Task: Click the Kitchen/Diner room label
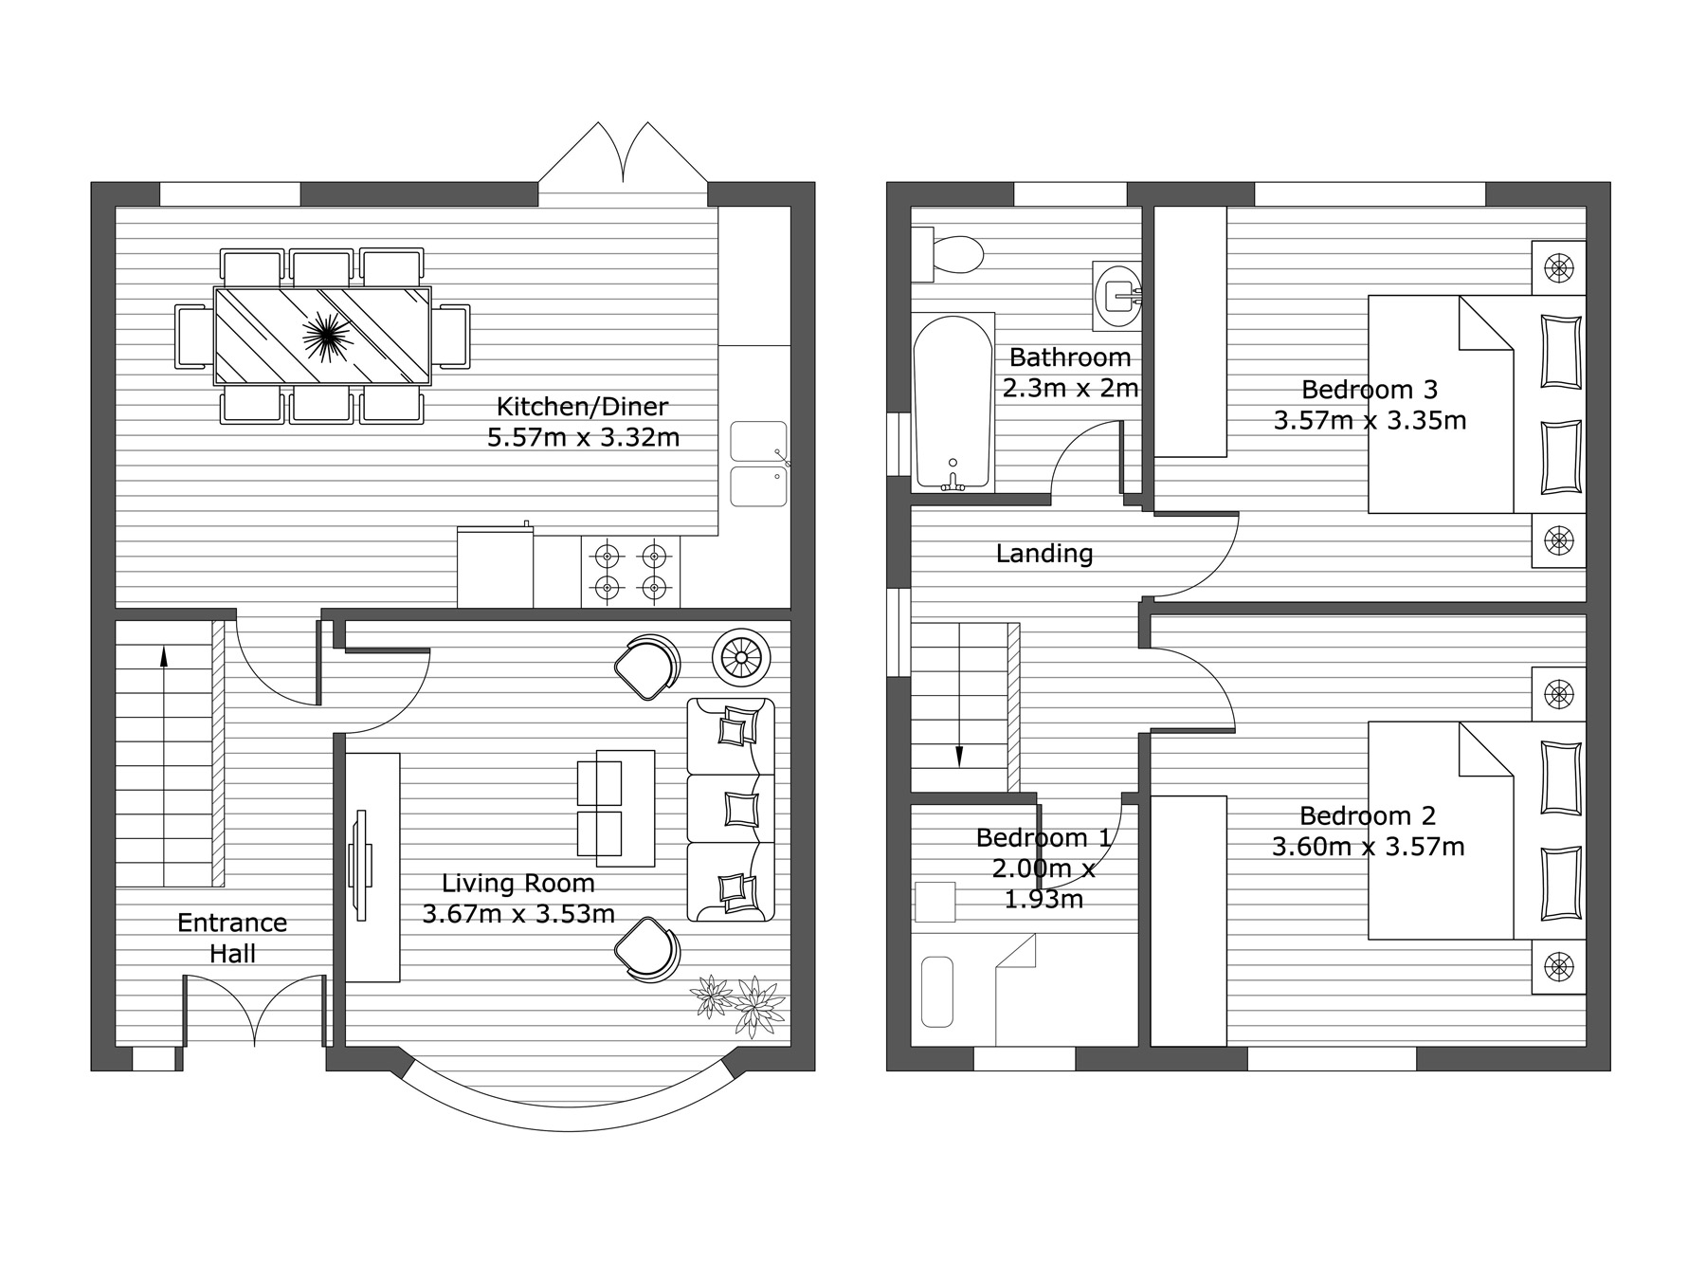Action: (582, 407)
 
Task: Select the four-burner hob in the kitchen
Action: (630, 572)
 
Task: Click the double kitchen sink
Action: (759, 464)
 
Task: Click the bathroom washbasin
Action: (1118, 296)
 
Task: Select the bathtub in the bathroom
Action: (953, 403)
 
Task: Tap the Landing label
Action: (1044, 553)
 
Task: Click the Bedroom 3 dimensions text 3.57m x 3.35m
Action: (1370, 420)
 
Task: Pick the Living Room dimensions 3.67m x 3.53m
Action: (518, 914)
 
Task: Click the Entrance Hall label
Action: (232, 938)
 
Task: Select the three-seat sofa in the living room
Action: (731, 810)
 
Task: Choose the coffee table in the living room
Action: (616, 808)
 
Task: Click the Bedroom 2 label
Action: (1368, 815)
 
